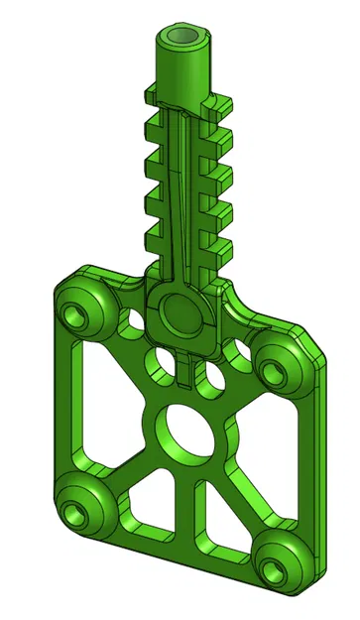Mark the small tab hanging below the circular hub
tap(186, 369)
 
